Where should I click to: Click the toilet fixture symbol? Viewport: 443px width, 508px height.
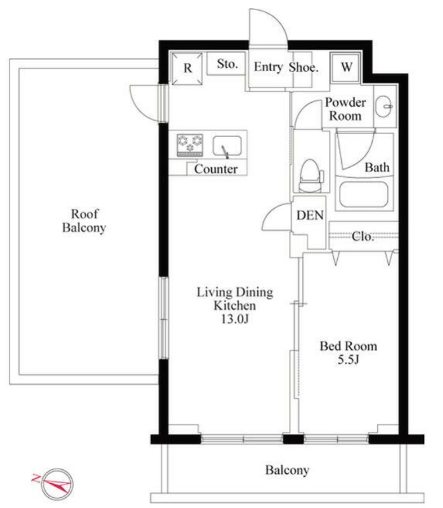pos(311,176)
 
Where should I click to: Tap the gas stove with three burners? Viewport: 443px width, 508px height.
pos(189,145)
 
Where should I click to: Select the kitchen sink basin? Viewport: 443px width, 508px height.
pos(227,146)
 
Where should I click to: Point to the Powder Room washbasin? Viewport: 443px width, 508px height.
pos(384,105)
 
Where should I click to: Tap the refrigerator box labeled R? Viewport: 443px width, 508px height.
pos(187,69)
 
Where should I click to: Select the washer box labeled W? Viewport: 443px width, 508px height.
pos(345,67)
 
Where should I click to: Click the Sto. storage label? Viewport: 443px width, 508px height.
pos(228,64)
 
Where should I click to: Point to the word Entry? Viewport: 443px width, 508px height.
pos(268,67)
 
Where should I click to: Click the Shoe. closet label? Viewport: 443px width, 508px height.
pos(304,67)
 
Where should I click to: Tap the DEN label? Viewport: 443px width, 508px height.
pos(310,215)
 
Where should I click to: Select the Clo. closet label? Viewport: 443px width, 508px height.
pos(363,236)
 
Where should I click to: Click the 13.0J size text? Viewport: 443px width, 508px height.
pos(234,319)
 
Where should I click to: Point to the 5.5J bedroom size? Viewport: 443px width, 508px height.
pos(349,359)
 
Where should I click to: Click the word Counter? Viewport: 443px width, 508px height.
pos(216,169)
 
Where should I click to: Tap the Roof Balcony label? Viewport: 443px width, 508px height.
pos(84,221)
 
